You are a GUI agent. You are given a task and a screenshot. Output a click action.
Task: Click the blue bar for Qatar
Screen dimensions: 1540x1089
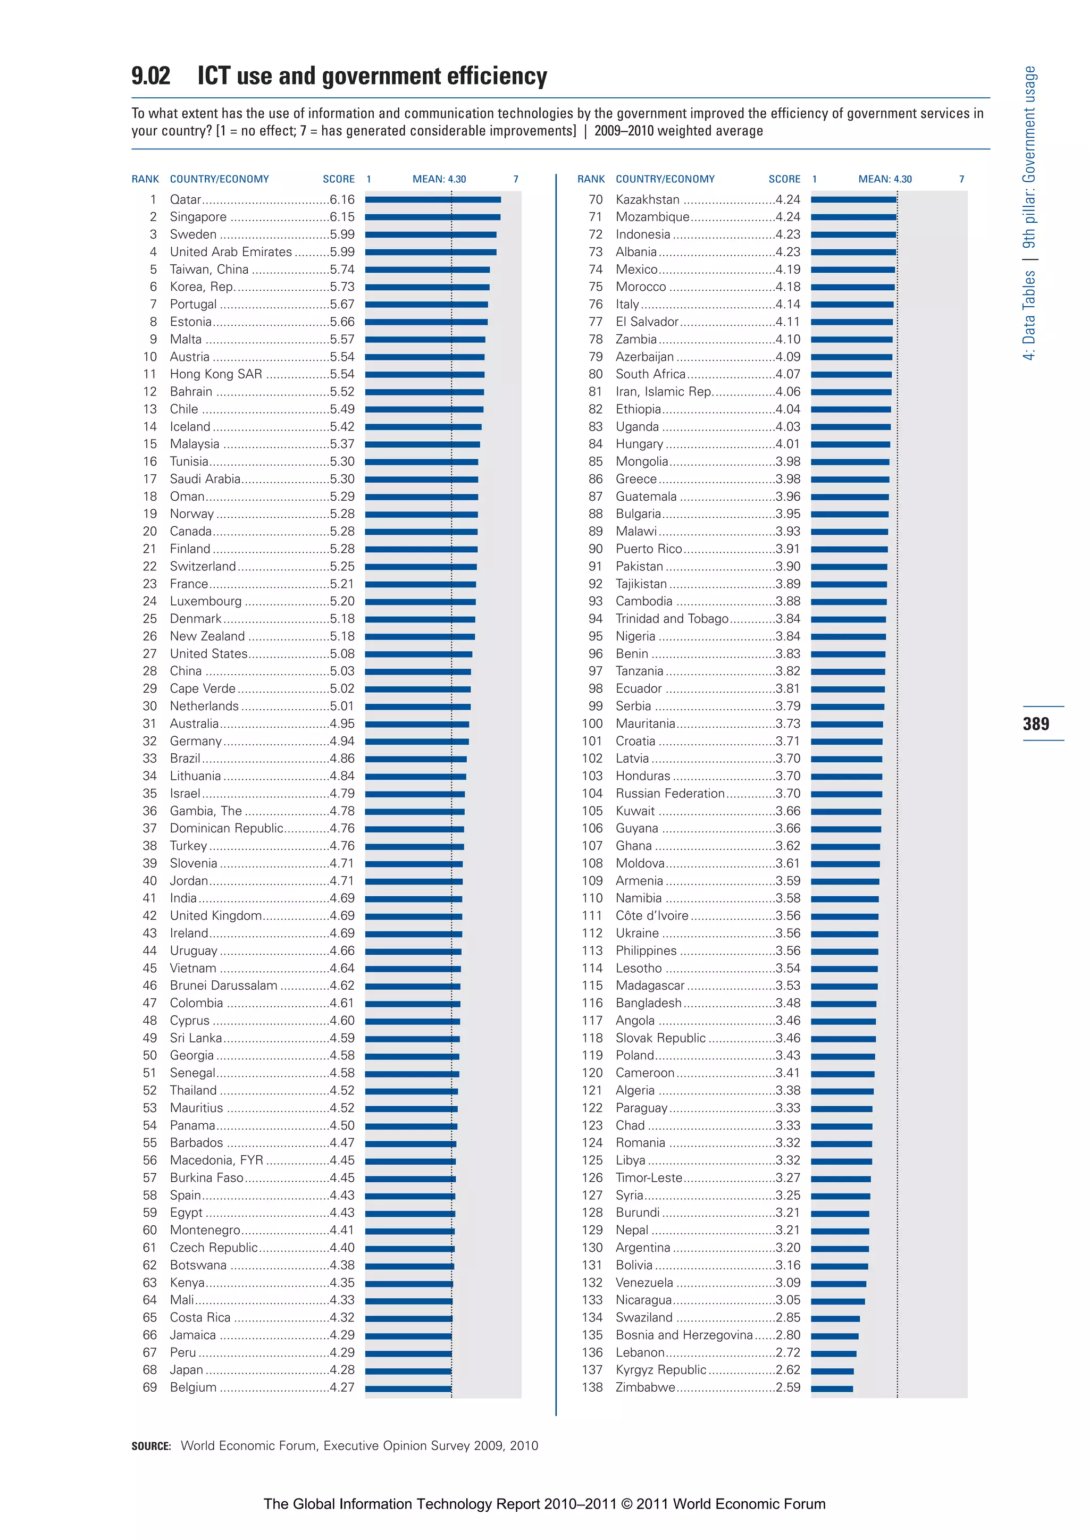tap(433, 199)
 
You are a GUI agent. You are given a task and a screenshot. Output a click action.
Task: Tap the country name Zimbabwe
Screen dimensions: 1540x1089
tap(646, 1387)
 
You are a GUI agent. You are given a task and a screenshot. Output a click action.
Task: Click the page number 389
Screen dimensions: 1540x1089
tap(1035, 723)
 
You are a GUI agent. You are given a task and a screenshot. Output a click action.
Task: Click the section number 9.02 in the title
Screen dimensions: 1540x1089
tap(151, 76)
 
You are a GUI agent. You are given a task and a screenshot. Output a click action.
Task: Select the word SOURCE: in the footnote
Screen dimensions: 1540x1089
tap(151, 1446)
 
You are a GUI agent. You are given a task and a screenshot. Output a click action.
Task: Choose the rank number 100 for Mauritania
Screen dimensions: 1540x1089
tap(592, 723)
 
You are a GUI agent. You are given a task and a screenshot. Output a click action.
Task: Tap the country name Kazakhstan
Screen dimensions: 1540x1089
tap(648, 199)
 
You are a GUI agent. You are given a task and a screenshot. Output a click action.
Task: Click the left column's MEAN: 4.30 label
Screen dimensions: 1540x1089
tap(439, 179)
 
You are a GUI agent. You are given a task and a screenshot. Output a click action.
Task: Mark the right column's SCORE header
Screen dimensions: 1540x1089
tap(784, 179)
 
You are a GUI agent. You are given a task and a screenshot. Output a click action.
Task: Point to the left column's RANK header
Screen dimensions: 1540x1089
tap(145, 179)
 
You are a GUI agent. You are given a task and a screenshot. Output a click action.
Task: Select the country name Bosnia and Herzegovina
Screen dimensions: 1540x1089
tap(684, 1335)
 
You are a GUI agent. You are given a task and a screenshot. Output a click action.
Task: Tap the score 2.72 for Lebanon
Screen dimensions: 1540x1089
tap(788, 1352)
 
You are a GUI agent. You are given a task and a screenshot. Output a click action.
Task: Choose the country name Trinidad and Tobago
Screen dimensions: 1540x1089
tap(672, 618)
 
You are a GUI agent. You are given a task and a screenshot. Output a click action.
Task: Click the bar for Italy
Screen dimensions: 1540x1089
tap(852, 305)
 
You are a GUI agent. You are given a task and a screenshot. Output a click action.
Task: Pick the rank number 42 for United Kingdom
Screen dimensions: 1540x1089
tap(149, 915)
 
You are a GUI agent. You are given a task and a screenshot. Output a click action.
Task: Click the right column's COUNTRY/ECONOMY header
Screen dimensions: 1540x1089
tap(665, 179)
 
